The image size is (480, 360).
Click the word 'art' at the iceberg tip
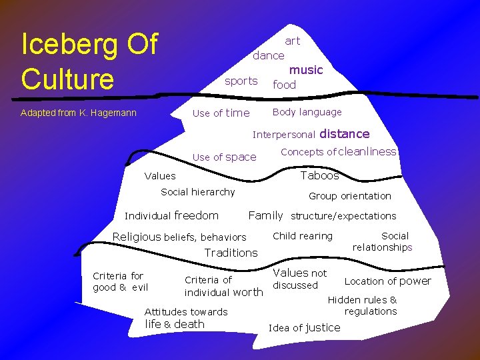point(292,41)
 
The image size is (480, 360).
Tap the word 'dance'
point(268,55)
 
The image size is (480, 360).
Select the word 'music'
point(305,70)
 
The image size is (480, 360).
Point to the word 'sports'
point(241,81)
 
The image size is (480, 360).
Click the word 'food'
point(284,85)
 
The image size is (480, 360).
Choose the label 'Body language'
point(307,112)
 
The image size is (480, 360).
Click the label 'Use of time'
point(221,113)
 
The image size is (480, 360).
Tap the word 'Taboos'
point(319,175)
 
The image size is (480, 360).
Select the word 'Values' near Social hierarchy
point(160,176)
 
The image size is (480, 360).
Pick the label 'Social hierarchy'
point(198,192)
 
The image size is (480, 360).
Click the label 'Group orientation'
point(349,196)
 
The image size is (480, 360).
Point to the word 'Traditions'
point(231,253)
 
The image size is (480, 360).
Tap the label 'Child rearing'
point(303,236)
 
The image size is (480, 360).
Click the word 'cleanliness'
point(368,151)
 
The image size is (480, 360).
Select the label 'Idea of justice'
point(304,327)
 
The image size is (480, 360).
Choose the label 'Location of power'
point(387,281)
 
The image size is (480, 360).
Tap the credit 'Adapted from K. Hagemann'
point(78,113)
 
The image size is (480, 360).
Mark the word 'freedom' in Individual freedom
point(196,215)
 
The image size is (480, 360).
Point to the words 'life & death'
point(175,324)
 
